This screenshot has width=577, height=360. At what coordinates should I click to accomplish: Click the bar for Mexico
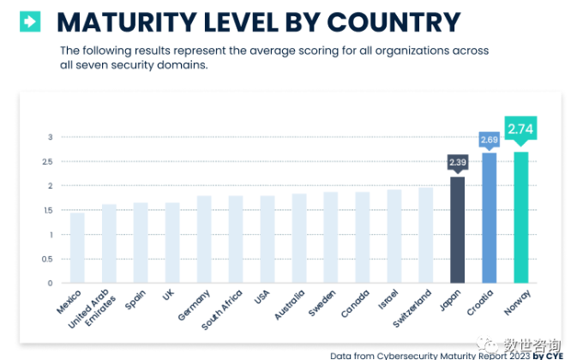point(77,248)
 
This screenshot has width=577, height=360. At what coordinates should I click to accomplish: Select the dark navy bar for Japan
point(457,230)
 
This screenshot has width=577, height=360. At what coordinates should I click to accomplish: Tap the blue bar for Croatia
point(489,218)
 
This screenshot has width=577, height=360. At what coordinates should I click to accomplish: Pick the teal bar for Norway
point(520,218)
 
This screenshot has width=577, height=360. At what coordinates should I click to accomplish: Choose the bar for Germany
point(204,239)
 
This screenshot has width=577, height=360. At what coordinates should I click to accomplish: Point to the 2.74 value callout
point(520,129)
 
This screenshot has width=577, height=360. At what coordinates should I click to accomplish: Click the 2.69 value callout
point(489,139)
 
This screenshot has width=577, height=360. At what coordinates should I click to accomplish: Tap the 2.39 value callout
point(457,162)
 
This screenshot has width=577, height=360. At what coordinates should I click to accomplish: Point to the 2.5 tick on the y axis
point(50,161)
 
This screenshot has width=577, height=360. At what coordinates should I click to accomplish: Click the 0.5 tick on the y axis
point(50,259)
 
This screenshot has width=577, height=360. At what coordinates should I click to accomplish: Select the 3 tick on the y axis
point(50,137)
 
